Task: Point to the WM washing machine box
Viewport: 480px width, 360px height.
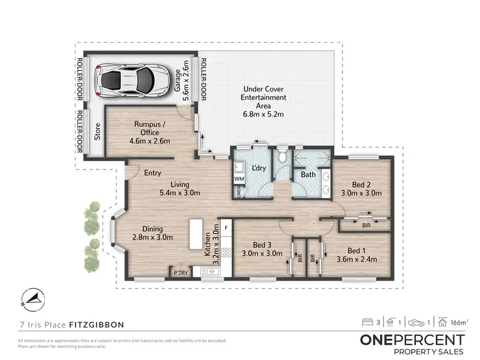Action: click(239, 178)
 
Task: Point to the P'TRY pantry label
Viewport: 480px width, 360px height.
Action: click(181, 273)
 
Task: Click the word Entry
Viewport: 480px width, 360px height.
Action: click(152, 173)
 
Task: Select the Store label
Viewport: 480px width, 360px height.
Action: click(98, 134)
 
